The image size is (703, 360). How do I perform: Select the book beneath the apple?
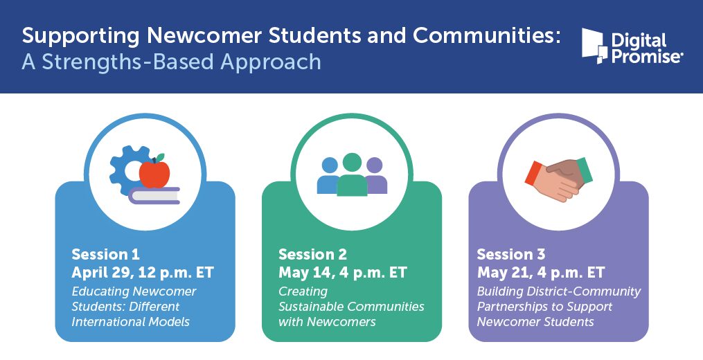point(154,195)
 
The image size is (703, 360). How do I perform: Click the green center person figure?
point(352,175)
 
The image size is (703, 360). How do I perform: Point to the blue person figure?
point(328,176)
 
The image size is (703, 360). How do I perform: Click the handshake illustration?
point(559,179)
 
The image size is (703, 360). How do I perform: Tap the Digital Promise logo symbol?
point(594,46)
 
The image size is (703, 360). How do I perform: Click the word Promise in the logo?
point(646,56)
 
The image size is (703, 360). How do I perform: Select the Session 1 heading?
point(105,255)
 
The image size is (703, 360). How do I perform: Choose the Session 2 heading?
point(312,255)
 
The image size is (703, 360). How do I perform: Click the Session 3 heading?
point(511,255)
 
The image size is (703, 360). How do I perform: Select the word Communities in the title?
point(487,35)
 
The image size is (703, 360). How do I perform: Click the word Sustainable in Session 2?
point(311,307)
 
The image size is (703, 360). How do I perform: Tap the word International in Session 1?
point(107,322)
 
